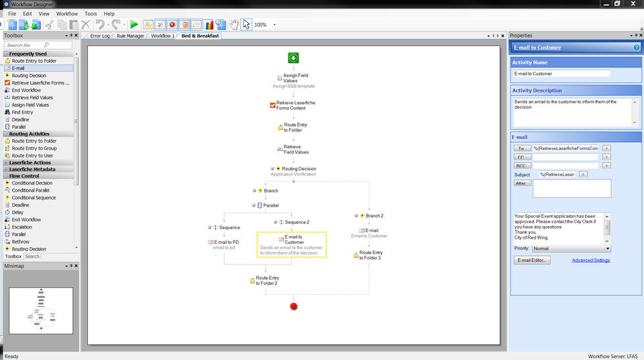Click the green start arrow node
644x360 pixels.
(x=293, y=58)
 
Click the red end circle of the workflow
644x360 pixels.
(x=293, y=306)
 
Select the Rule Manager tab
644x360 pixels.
(x=130, y=36)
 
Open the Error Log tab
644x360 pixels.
(x=99, y=36)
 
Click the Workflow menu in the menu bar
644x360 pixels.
(x=67, y=13)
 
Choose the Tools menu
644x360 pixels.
(x=91, y=13)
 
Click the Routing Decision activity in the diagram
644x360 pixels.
(x=299, y=169)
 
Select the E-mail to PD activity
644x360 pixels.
(x=226, y=242)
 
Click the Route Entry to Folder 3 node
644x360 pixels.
(x=370, y=255)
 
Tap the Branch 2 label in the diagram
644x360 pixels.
(x=374, y=216)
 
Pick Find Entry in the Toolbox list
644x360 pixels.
(x=22, y=112)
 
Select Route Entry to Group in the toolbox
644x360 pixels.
(x=34, y=148)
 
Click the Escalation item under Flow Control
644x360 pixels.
(x=21, y=227)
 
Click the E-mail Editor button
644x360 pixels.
(x=533, y=260)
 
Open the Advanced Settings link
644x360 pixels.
(x=591, y=260)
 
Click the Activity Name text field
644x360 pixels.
(x=561, y=74)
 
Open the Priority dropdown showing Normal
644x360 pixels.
(x=571, y=248)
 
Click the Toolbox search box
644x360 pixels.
(x=38, y=45)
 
